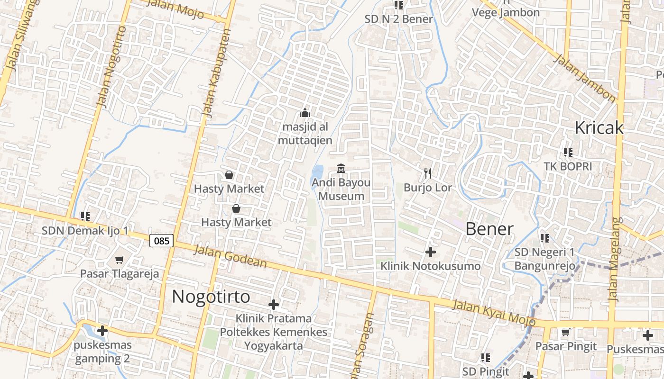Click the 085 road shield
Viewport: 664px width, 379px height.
(x=162, y=241)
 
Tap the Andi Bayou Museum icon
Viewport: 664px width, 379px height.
(x=341, y=168)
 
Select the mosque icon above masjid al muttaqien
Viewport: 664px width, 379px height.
(x=305, y=113)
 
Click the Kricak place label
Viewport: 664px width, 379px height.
(x=599, y=128)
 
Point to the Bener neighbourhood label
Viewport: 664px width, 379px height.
(x=489, y=229)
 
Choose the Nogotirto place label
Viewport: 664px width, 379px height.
(x=211, y=297)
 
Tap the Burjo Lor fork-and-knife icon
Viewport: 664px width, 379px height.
(x=428, y=173)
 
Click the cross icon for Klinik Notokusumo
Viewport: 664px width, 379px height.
(x=431, y=252)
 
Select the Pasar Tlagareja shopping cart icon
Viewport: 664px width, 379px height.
(x=120, y=260)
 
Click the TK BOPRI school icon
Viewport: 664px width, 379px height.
(x=568, y=153)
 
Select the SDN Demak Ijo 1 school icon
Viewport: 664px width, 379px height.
(x=85, y=217)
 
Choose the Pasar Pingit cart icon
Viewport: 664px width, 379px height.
(x=565, y=333)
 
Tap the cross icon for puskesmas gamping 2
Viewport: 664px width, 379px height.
(x=102, y=330)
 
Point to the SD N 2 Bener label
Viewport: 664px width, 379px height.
(x=398, y=19)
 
